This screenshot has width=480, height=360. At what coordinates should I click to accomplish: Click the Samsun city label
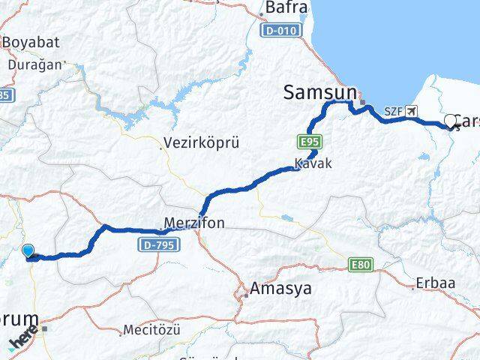click(319, 92)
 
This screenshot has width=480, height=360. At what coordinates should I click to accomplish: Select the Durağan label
click(35, 65)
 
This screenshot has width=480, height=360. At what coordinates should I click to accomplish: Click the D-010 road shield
click(282, 31)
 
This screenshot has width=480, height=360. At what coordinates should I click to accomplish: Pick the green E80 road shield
click(360, 264)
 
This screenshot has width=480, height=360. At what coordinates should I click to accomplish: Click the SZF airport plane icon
click(412, 112)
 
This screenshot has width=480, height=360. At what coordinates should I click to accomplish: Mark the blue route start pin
click(28, 251)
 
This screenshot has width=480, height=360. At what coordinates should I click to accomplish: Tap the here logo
click(24, 340)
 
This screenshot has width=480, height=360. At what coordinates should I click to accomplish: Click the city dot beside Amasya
click(245, 294)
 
